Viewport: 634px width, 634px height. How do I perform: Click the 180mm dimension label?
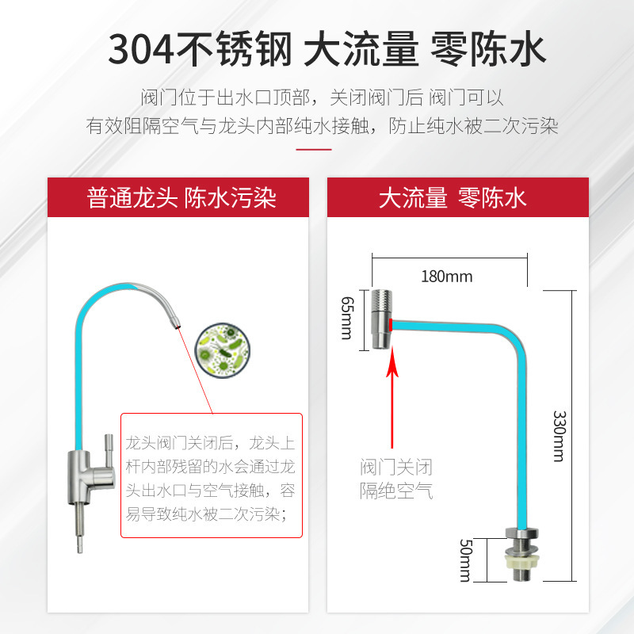tap(447, 277)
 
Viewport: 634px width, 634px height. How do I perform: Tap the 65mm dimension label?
tap(346, 318)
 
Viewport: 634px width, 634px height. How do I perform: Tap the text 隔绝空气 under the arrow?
tap(396, 491)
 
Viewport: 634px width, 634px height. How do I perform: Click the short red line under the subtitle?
tap(317, 148)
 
